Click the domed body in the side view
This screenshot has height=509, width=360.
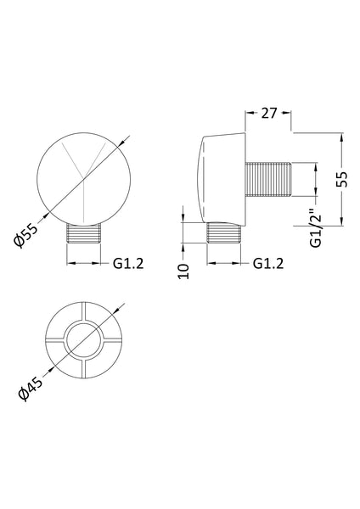pyautogui.click(x=220, y=178)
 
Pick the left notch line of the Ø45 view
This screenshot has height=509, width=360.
pyautogui.click(x=52, y=343)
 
